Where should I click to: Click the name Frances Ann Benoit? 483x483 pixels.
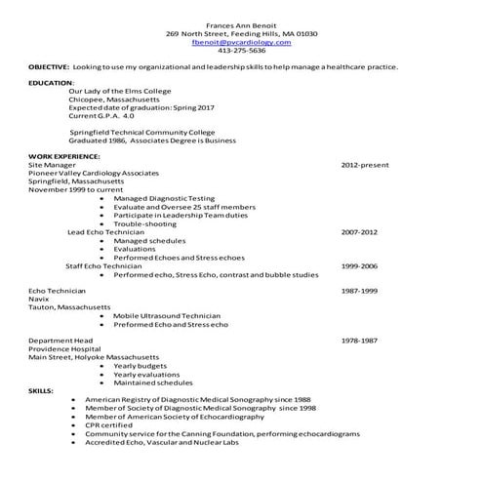pos(241,23)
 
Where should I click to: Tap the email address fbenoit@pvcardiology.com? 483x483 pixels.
pos(241,42)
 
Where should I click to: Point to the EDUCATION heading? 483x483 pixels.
pos(51,83)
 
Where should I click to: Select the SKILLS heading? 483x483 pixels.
pos(41,390)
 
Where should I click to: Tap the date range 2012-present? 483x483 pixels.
pos(364,166)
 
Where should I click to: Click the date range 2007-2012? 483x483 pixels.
pos(358,232)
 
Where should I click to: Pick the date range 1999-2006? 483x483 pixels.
pos(358,265)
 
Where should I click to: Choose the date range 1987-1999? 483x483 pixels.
pos(358,291)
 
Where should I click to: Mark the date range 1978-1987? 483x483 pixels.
pos(358,341)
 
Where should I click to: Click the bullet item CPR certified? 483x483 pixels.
pos(106,424)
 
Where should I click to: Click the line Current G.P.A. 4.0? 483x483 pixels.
pos(101,116)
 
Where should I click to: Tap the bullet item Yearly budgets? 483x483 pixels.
pos(140,366)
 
